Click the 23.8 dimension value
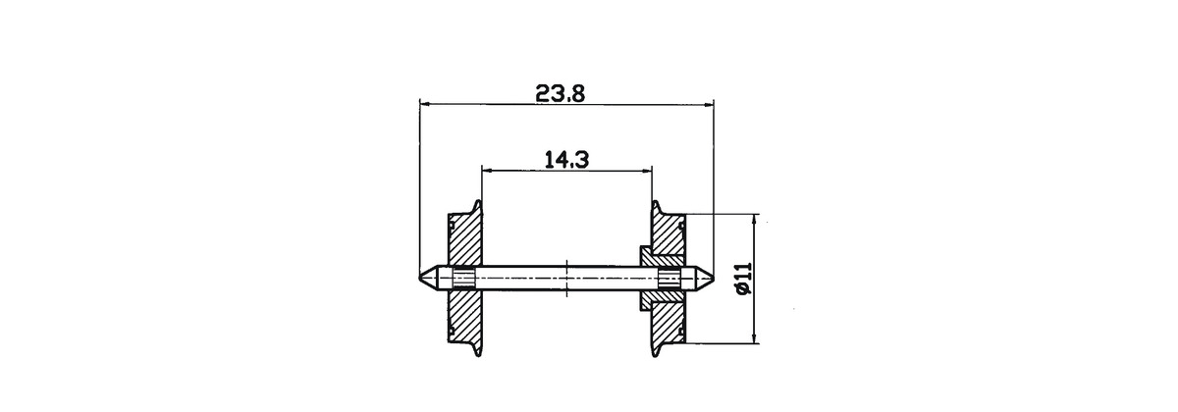pyautogui.click(x=561, y=93)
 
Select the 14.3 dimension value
pyautogui.click(x=566, y=159)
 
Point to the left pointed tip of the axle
pyautogui.click(x=420, y=277)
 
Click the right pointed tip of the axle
pyautogui.click(x=714, y=277)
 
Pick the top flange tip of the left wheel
pyautogui.click(x=478, y=201)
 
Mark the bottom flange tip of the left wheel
pyautogui.click(x=478, y=356)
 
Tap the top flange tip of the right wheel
pyautogui.click(x=656, y=201)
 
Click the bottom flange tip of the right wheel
pyautogui.click(x=656, y=356)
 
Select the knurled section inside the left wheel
pyautogui.click(x=463, y=278)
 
